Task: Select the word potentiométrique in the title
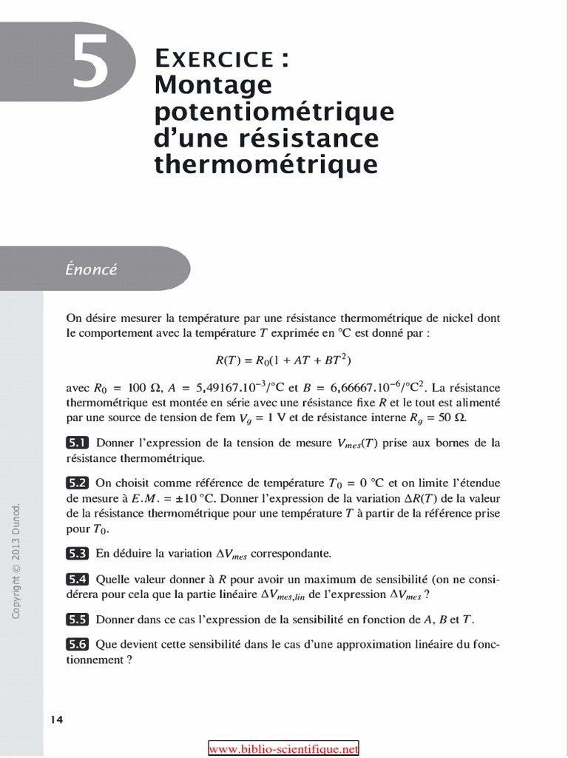click(x=274, y=113)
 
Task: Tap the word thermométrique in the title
click(x=266, y=164)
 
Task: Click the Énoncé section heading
click(x=91, y=269)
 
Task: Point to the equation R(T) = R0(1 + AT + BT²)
click(x=283, y=360)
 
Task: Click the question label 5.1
click(x=77, y=443)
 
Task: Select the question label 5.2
click(x=77, y=483)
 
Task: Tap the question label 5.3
click(x=77, y=552)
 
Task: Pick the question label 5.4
click(x=77, y=579)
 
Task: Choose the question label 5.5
click(x=77, y=619)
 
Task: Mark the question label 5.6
click(x=77, y=644)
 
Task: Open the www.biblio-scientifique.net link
click(x=283, y=748)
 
